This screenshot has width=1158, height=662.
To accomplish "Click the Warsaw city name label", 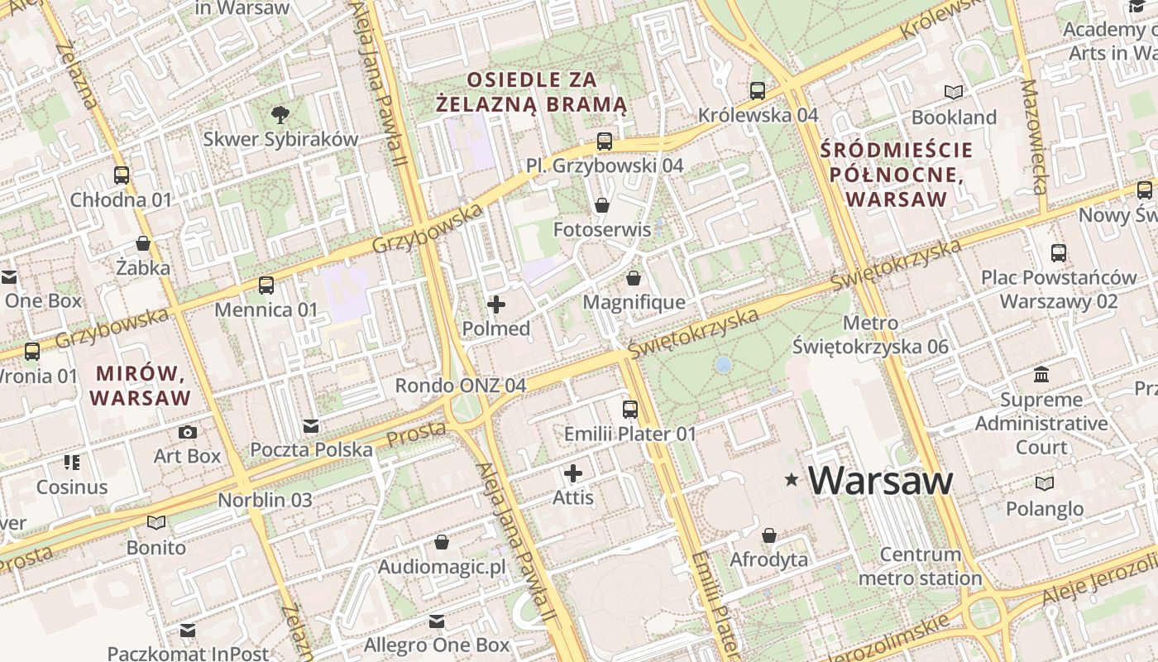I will (x=880, y=481).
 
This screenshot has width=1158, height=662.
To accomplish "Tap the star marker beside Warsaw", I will (x=792, y=479).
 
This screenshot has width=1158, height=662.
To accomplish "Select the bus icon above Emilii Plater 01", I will (x=630, y=409).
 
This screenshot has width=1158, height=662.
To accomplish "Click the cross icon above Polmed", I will (x=496, y=305).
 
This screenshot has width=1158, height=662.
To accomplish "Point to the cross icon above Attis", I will (x=573, y=473).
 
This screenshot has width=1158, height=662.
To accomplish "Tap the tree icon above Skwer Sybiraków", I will (x=280, y=114).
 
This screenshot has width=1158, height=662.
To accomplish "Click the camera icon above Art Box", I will (x=188, y=432).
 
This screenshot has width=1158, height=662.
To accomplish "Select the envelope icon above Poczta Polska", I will (x=311, y=426).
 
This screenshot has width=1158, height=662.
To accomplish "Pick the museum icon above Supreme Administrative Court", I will (x=1041, y=375).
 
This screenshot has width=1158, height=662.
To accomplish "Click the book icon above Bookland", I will (x=954, y=92).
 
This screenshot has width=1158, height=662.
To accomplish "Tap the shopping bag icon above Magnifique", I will (x=634, y=278).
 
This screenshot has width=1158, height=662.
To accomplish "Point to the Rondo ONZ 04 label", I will (x=461, y=386).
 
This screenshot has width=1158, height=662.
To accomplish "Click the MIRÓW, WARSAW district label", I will (x=141, y=386).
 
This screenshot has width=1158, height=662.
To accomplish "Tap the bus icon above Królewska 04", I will (x=758, y=90).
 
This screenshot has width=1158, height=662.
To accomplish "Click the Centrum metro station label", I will (x=920, y=566).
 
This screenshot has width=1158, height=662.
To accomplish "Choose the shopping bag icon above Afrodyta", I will (x=769, y=535).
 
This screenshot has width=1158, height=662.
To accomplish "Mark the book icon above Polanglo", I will (x=1045, y=483).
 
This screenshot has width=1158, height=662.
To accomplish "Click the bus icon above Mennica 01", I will (x=266, y=285).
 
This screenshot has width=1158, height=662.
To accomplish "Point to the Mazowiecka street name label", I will (x=1035, y=137).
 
